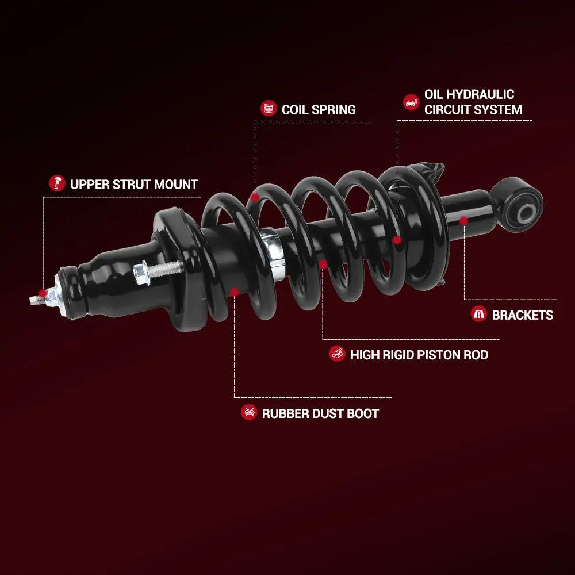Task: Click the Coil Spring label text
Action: [x=319, y=109]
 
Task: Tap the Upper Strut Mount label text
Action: [x=134, y=184]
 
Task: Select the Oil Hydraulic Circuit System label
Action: [x=473, y=102]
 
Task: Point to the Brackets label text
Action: [x=522, y=315]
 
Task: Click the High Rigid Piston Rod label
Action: [x=419, y=355]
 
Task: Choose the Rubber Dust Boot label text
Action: [x=320, y=413]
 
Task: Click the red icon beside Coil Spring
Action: [x=269, y=108]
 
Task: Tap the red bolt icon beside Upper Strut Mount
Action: [x=56, y=183]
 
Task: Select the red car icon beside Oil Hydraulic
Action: [x=411, y=102]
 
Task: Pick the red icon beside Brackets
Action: [x=478, y=314]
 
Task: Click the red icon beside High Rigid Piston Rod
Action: [x=337, y=354]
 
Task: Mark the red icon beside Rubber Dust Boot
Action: [x=249, y=412]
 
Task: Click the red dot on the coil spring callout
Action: [x=255, y=197]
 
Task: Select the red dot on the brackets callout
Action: [x=463, y=220]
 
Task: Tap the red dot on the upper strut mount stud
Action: [x=43, y=293]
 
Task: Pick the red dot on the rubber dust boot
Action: [x=234, y=292]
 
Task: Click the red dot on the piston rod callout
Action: [x=323, y=264]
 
